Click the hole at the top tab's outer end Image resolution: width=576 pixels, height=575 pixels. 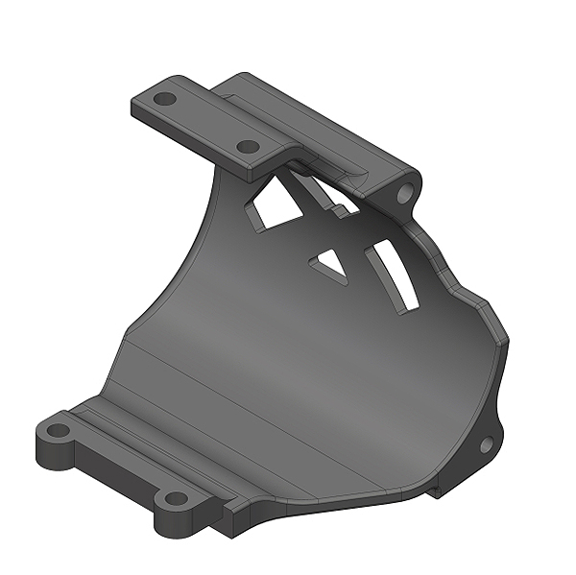(165, 98)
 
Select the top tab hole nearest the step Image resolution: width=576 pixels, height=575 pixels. (248, 147)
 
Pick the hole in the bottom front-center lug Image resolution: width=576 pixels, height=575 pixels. (175, 498)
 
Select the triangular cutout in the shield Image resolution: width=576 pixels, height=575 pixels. (329, 263)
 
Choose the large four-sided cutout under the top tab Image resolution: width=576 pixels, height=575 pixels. (273, 205)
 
